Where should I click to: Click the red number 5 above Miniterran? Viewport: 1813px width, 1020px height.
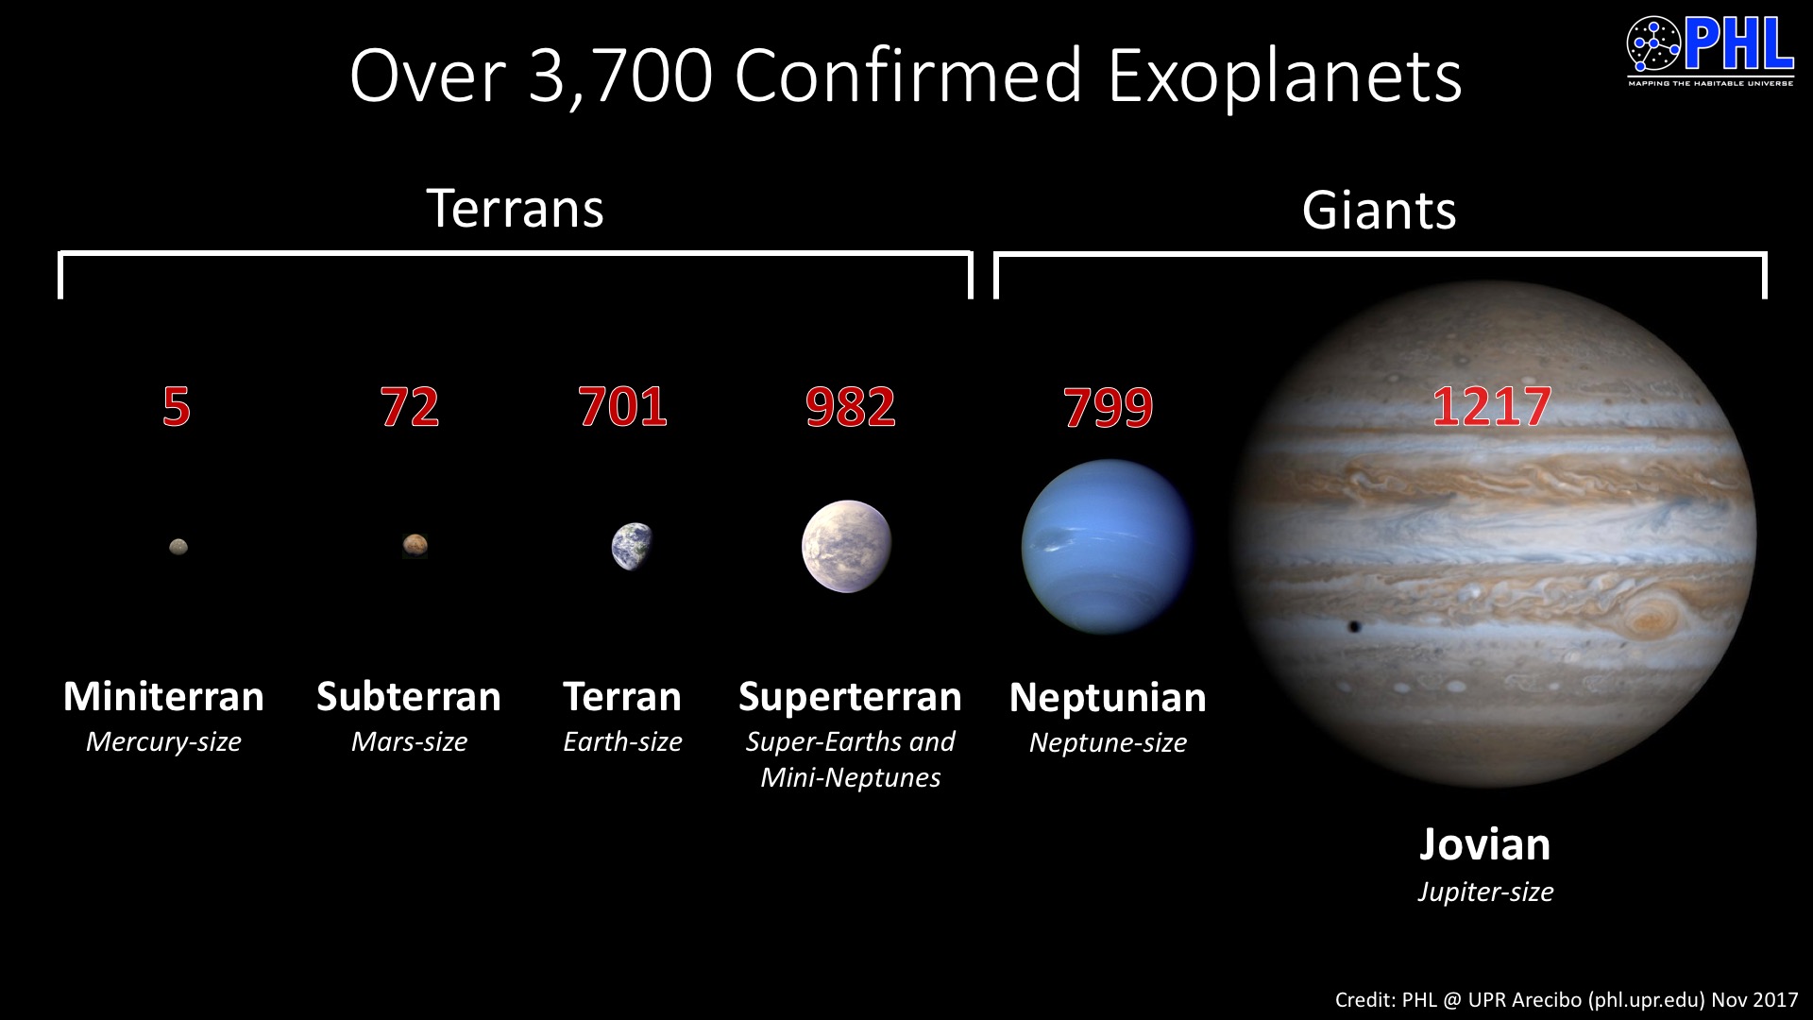point(177,407)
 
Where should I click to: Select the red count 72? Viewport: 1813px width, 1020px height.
point(409,407)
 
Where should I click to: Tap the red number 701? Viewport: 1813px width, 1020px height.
point(622,407)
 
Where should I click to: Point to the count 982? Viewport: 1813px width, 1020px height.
point(850,407)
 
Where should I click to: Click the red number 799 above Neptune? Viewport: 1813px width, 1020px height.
point(1108,408)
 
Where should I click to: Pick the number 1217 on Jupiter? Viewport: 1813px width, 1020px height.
point(1491,407)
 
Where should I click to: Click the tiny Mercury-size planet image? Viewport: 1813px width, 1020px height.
point(178,546)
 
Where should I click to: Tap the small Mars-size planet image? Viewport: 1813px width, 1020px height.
point(415,545)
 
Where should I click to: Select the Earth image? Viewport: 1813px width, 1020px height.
point(632,546)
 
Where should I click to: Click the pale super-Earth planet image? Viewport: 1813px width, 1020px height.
point(846,546)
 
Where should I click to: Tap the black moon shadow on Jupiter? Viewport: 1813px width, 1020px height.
point(1355,626)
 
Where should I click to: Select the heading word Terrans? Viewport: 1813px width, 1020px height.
point(515,208)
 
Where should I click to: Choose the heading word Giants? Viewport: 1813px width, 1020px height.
point(1379,210)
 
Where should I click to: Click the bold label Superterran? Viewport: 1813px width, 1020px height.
point(850,697)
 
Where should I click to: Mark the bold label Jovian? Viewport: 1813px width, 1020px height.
point(1484,844)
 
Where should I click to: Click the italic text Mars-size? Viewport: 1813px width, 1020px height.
point(409,742)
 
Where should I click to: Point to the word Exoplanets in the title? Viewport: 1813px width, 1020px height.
point(1284,76)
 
